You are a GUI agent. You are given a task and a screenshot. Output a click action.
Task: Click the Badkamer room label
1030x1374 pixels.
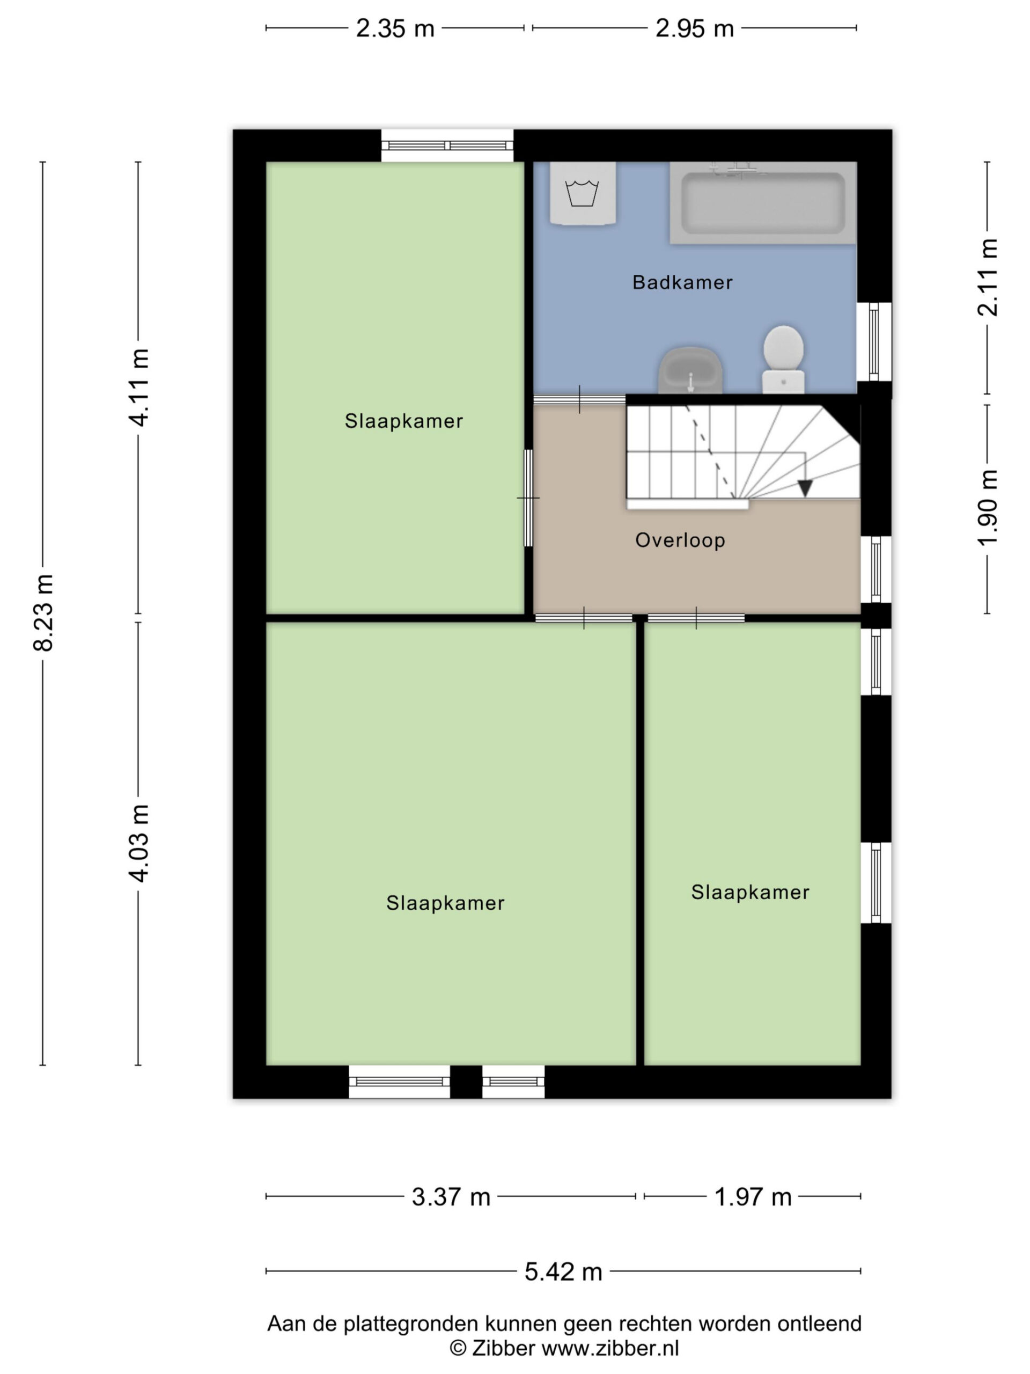tap(682, 283)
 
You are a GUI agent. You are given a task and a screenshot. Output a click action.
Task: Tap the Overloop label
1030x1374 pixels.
tap(680, 540)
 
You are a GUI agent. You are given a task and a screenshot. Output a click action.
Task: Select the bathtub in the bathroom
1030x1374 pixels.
tap(763, 202)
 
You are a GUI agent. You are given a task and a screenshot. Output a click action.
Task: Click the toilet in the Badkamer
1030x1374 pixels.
tap(784, 359)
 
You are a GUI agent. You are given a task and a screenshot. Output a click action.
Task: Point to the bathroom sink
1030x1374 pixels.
tap(690, 370)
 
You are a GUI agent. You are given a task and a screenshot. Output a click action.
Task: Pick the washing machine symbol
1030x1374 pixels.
tap(583, 193)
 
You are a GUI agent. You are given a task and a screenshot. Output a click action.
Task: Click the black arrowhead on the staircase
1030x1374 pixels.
tap(805, 488)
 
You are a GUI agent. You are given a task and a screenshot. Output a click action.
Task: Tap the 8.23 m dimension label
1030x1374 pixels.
tap(43, 612)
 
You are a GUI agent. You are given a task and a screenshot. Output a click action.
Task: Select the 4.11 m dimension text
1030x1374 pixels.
tap(138, 388)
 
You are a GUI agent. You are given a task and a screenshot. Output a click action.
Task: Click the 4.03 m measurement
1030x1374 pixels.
tap(138, 843)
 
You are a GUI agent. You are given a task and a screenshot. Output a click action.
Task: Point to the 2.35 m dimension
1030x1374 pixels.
tap(395, 28)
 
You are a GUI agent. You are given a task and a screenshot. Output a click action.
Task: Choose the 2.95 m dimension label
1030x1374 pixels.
tap(695, 28)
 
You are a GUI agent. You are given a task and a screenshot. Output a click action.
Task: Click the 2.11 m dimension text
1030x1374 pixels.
tap(987, 277)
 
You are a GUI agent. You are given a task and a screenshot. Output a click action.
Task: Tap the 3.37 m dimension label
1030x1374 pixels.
tap(451, 1197)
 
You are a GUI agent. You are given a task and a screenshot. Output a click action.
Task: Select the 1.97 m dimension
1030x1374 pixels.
tap(753, 1197)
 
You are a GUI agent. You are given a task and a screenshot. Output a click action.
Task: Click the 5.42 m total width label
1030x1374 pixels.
tap(563, 1271)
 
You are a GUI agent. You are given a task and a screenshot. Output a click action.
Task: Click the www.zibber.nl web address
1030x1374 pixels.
tap(610, 1348)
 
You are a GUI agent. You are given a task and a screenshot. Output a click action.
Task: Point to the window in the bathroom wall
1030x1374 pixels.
tap(874, 342)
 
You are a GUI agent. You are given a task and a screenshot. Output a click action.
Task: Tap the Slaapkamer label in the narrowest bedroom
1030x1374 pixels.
tap(750, 893)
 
